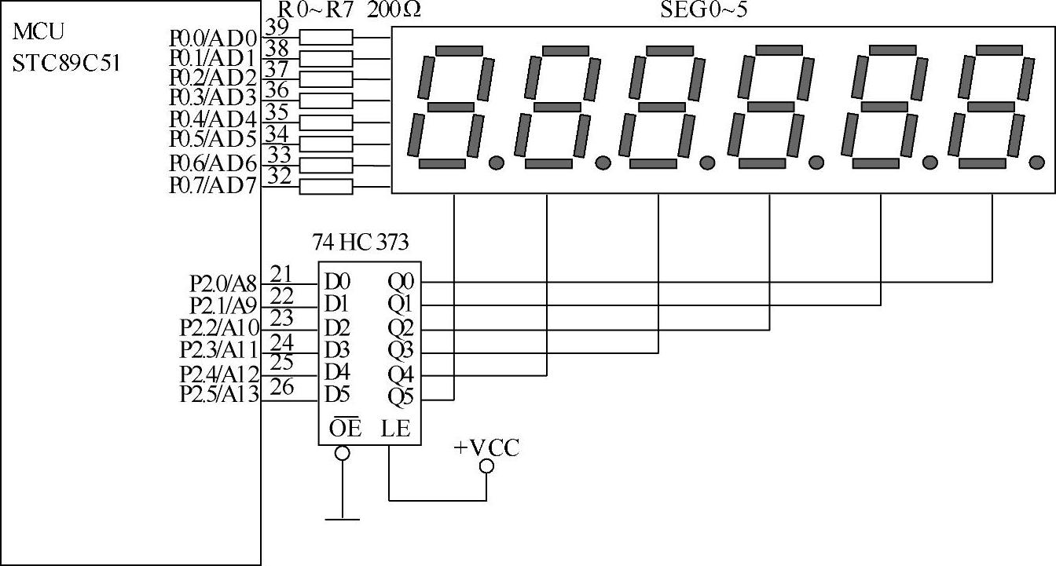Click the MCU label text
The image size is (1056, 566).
38,32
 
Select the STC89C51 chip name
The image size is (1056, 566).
67,62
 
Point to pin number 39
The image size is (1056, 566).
277,27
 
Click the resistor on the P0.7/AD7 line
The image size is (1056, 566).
327,187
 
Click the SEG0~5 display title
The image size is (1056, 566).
703,11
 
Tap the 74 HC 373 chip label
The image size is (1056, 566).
361,243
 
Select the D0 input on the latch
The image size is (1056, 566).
338,281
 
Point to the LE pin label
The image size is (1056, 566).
396,428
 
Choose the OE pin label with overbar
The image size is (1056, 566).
345,428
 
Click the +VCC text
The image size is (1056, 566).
486,448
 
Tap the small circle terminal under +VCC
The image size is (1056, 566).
486,466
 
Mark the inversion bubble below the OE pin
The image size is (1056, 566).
343,453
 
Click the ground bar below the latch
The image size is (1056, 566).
343,519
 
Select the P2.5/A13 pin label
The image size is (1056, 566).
219,395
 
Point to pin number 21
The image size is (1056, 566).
281,274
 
